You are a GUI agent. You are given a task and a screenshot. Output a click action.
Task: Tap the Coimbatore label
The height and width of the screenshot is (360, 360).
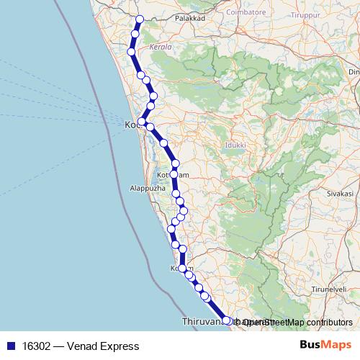[x=246, y=12]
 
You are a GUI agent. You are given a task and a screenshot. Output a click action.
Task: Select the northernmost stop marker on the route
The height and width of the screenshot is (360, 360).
[x=140, y=19]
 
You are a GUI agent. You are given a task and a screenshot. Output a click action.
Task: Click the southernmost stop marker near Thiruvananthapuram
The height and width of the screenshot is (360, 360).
[x=227, y=320]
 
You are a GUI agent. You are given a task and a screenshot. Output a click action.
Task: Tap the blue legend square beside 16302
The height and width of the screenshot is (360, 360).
[x=9, y=346]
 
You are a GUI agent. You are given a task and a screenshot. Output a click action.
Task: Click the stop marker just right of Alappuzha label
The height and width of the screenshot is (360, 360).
[x=176, y=194]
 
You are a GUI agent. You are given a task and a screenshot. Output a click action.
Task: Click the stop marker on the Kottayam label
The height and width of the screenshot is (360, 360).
[x=175, y=174]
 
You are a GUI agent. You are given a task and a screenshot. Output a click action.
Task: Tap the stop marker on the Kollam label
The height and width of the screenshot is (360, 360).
[x=182, y=267]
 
